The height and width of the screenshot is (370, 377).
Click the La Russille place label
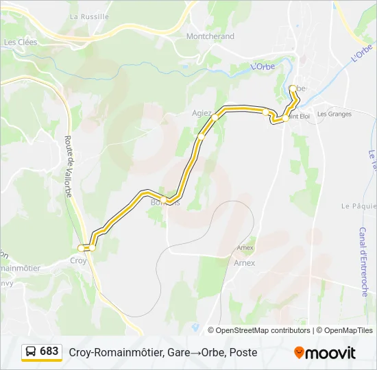click(89, 16)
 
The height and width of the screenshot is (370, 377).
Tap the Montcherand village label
click(210, 36)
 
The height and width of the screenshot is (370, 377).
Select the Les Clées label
click(21, 42)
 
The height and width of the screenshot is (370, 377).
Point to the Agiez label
click(202, 114)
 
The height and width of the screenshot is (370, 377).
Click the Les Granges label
click(334, 114)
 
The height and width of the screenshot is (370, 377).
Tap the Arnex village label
click(244, 262)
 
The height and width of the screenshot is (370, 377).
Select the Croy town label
click(78, 260)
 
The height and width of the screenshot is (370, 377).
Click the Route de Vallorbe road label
click(69, 166)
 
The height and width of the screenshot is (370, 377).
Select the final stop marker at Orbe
click(293, 88)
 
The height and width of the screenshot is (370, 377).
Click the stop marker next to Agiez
click(215, 117)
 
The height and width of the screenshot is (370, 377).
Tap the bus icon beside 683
click(32, 351)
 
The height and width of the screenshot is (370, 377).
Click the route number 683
click(49, 351)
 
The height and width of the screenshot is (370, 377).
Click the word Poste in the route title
click(243, 352)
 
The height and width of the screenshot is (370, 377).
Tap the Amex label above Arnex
click(245, 247)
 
